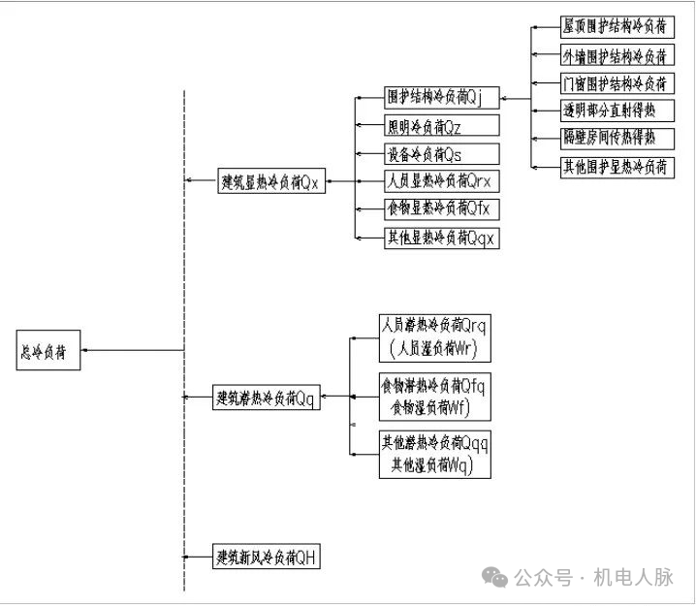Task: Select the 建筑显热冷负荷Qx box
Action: pyautogui.click(x=271, y=181)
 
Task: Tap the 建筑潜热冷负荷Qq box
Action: pyautogui.click(x=267, y=397)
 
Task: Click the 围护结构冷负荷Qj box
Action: pyautogui.click(x=441, y=98)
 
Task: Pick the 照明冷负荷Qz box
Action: pyautogui.click(x=441, y=126)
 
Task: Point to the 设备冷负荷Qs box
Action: pyautogui.click(x=441, y=154)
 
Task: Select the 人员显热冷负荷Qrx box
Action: pyautogui.click(x=441, y=181)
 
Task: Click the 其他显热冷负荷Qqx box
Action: pyautogui.click(x=441, y=238)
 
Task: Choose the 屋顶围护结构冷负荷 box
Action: pyautogui.click(x=617, y=26)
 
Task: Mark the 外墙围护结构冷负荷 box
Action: pyautogui.click(x=617, y=55)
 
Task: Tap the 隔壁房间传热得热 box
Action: pyautogui.click(x=617, y=138)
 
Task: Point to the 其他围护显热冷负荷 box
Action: pyautogui.click(x=617, y=166)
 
